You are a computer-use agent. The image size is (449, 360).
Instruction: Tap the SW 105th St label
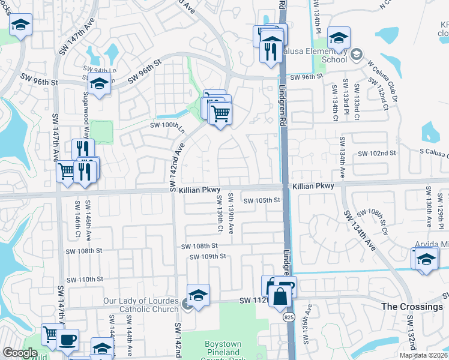click(x=262, y=200)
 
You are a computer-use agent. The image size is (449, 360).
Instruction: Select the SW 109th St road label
click(x=207, y=257)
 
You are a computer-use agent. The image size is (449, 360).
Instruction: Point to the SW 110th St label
click(x=85, y=280)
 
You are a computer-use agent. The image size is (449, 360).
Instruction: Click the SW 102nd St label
click(x=378, y=154)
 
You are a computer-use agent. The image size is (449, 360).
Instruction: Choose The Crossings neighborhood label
click(x=412, y=307)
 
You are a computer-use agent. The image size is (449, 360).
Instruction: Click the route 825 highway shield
click(x=290, y=316)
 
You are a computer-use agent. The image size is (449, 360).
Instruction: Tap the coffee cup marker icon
click(x=67, y=339)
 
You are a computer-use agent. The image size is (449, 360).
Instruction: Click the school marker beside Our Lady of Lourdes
click(x=198, y=295)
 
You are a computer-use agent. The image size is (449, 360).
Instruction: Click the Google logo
click(x=20, y=353)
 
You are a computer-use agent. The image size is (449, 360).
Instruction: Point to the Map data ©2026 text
click(x=424, y=355)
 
